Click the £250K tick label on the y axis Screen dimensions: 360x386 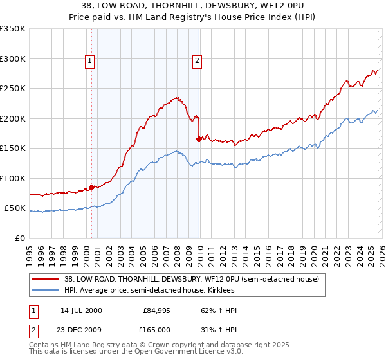coord(12,89)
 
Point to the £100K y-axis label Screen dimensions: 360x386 coord(12,178)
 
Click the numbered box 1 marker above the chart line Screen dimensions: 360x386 coord(89,62)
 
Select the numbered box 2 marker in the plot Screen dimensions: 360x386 coord(197,62)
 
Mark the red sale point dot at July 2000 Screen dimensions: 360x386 coord(92,187)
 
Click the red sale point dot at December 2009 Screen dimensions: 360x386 coord(199,139)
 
